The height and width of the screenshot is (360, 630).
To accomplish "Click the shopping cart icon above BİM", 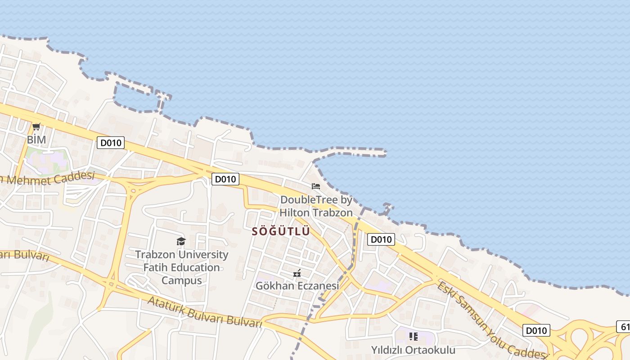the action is pos(36,127).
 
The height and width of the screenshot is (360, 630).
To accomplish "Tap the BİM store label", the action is pos(36,139).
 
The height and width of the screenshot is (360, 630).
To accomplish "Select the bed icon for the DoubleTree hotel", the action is pos(316,186).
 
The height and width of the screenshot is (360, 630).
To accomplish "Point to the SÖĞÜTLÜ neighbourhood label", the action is pos(281,231).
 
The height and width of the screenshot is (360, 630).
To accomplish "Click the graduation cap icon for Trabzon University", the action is pos(181,242).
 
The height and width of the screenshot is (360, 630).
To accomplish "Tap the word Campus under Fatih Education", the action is pos(181,280).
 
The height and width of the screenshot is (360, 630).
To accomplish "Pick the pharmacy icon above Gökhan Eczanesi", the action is pos(297,273).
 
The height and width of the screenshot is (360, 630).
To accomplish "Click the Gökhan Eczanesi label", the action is pos(297,286).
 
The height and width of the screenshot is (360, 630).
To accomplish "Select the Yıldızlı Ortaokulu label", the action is pos(413,350).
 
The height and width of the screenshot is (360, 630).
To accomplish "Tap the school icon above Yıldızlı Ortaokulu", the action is pos(413,337).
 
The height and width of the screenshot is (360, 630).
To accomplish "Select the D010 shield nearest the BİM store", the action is pos(111,143).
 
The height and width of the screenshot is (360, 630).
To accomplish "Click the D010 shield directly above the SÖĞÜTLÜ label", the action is pos(225,179).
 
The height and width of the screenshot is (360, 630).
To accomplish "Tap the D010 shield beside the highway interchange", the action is pos(536,331).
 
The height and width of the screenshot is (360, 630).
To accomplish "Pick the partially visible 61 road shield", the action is pos(624,327).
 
